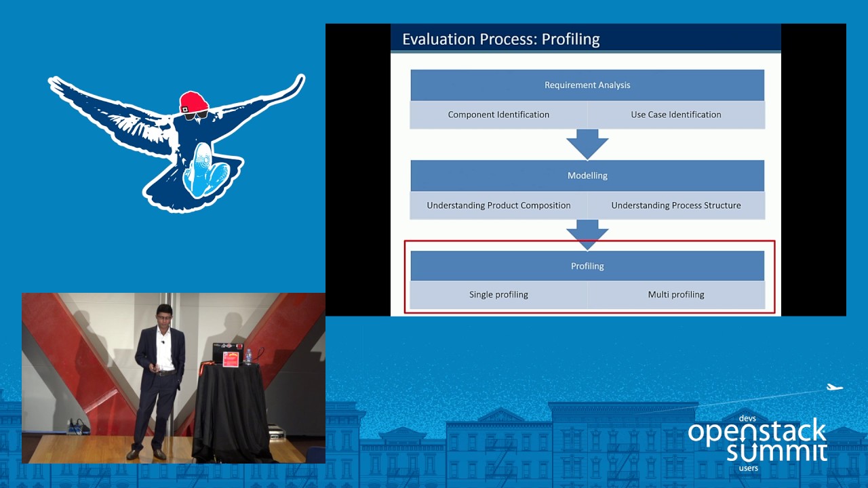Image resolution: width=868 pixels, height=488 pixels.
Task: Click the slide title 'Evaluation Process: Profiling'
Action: (x=501, y=39)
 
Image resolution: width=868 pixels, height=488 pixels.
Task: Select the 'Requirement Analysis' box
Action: (x=587, y=85)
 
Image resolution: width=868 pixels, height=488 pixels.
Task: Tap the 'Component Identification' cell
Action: (x=498, y=115)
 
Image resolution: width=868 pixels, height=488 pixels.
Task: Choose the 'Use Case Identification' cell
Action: (x=676, y=115)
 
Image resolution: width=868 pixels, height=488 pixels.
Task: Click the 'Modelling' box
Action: (x=587, y=176)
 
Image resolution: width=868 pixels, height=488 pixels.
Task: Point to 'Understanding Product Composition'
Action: (x=498, y=205)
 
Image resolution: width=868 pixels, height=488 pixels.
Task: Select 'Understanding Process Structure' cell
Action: (x=676, y=205)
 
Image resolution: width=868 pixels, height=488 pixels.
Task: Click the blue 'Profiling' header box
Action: (x=587, y=266)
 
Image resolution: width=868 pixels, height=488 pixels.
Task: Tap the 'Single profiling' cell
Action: (x=498, y=295)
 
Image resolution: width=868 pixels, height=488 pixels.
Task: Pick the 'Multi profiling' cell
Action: (x=676, y=295)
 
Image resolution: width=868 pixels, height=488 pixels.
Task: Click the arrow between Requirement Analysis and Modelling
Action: (x=587, y=144)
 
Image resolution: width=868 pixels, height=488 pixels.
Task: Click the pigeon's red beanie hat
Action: (x=194, y=102)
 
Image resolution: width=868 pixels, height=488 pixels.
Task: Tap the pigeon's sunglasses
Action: (x=196, y=115)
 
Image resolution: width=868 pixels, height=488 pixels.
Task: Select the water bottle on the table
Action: (x=248, y=357)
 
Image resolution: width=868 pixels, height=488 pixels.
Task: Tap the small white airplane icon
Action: (x=835, y=387)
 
